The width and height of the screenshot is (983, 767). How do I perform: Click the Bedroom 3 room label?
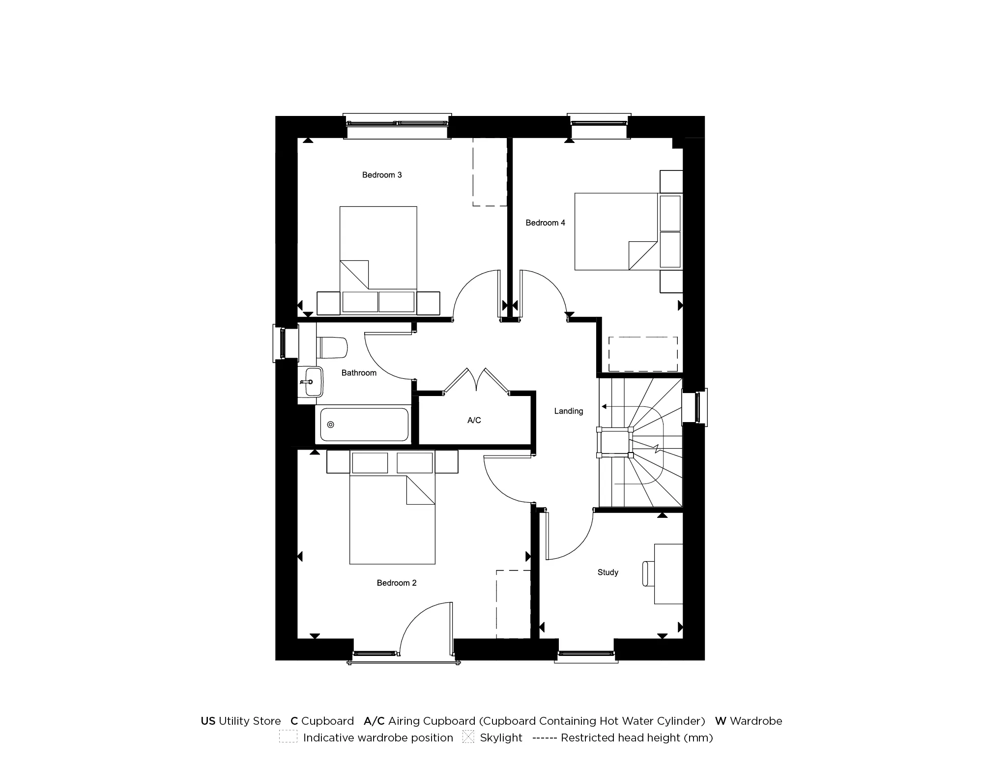(x=382, y=175)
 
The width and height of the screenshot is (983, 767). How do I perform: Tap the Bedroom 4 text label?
(x=545, y=223)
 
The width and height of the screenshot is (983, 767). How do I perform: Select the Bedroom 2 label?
(x=397, y=583)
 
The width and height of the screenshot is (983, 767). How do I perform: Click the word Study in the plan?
(x=607, y=572)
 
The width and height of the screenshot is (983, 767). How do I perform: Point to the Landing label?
(x=569, y=411)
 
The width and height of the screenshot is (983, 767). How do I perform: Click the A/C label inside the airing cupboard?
(x=474, y=421)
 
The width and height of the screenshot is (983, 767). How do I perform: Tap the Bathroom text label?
(x=359, y=373)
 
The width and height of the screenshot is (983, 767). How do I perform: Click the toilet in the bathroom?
(x=333, y=347)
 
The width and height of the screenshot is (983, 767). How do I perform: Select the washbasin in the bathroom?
(x=311, y=382)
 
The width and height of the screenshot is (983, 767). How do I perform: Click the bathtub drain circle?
(x=331, y=425)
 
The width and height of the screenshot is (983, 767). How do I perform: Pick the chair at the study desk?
(x=648, y=573)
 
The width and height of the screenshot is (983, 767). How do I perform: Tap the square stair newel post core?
(x=614, y=443)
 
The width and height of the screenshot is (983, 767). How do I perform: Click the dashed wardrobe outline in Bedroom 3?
(x=490, y=172)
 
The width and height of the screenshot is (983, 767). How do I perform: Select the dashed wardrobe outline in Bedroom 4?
(x=643, y=354)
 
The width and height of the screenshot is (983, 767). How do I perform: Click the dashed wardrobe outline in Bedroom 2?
(x=514, y=604)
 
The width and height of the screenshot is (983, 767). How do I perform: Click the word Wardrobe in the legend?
(x=755, y=721)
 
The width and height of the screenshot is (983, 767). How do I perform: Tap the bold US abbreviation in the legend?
(x=208, y=721)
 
